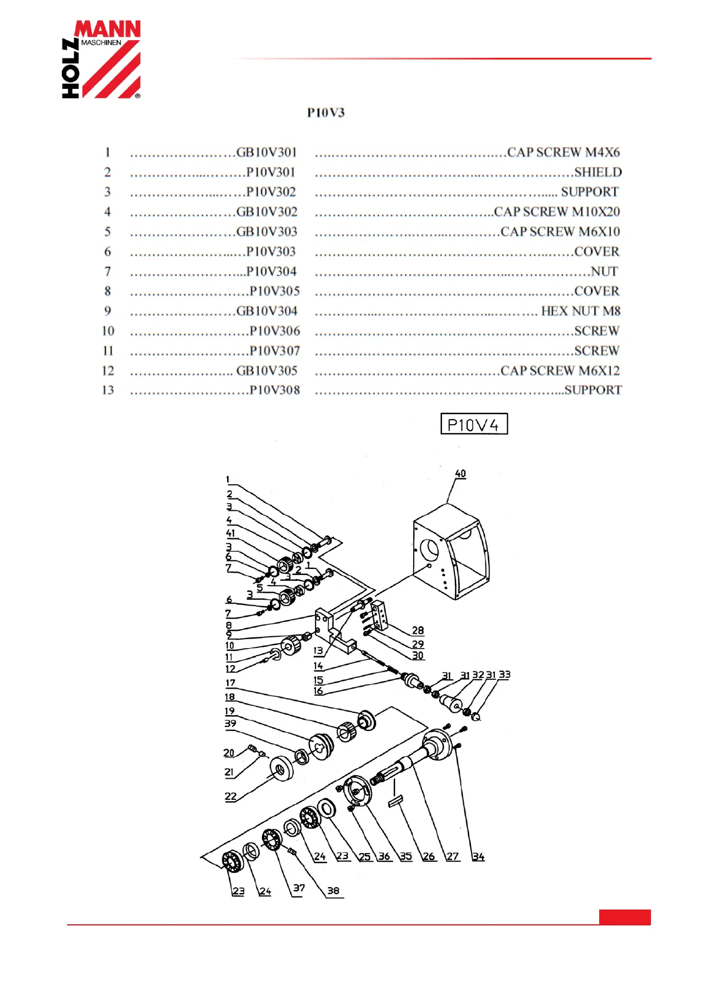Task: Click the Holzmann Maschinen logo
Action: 101,59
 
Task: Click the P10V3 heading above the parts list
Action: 325,113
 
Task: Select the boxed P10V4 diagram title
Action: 474,424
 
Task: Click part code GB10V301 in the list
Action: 267,153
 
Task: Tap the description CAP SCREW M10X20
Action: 557,211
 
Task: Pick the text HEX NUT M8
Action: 580,311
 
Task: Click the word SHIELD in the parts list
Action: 597,172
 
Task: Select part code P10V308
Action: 274,390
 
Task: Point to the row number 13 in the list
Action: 108,390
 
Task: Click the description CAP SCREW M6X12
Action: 560,371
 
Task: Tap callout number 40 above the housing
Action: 460,474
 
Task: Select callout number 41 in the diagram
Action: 231,533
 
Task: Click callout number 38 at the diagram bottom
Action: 333,890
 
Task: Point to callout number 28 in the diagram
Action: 418,630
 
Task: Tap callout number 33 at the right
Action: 504,674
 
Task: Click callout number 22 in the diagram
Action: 231,796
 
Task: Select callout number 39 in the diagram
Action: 231,723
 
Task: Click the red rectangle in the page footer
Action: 624,917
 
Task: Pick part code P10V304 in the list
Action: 271,272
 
